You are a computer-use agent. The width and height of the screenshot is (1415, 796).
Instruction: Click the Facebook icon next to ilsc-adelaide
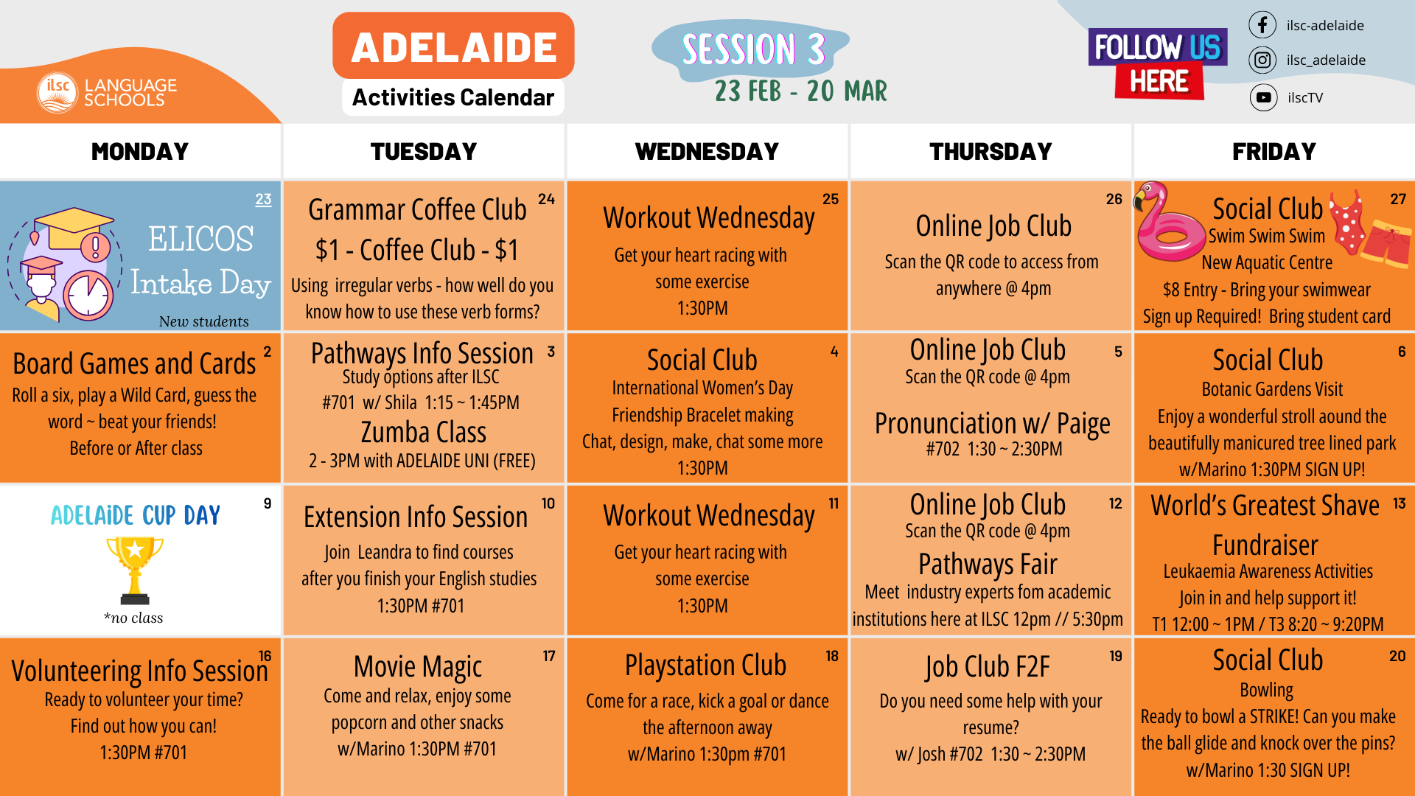tap(1262, 25)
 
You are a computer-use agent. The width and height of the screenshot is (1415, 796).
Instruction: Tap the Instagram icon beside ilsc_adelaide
tap(1262, 60)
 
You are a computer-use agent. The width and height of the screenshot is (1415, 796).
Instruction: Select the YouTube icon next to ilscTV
tap(1263, 97)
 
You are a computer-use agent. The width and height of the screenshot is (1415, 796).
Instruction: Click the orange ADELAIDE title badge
tap(453, 46)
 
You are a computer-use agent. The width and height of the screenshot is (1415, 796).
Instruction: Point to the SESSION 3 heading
tap(752, 49)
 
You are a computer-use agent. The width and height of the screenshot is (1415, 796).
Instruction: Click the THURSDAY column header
tap(990, 151)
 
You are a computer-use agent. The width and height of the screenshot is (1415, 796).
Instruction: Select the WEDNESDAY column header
tap(707, 151)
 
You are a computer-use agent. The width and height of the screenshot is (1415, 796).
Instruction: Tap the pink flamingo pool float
tap(1170, 223)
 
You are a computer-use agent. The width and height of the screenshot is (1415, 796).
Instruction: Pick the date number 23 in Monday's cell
tap(263, 199)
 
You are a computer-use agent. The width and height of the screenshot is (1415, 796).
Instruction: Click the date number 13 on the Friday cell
tap(1399, 503)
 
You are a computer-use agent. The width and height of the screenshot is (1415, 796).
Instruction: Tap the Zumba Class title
tap(424, 433)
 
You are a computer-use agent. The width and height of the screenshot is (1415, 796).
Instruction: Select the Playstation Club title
tap(705, 666)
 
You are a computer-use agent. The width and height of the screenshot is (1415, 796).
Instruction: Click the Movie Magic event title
tap(418, 667)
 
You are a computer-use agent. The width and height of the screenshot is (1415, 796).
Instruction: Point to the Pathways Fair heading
tap(988, 565)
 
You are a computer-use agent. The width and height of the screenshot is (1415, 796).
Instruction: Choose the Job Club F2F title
tap(988, 667)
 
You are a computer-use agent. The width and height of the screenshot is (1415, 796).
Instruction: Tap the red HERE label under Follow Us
tap(1159, 81)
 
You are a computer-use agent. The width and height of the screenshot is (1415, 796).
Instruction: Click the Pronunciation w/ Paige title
tap(992, 424)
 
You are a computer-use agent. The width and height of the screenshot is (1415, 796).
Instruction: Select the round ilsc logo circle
tap(57, 93)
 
